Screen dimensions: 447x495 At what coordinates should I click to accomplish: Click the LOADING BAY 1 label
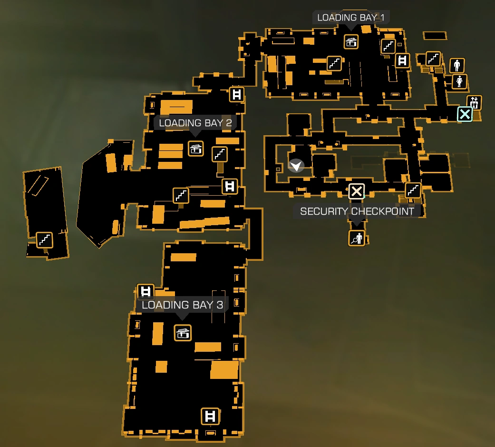coord(351,18)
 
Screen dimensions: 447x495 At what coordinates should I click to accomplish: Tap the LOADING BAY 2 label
coord(195,123)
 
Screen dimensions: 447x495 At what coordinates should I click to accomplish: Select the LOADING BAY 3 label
coord(182,305)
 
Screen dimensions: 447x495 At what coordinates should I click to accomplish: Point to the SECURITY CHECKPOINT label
coord(357,211)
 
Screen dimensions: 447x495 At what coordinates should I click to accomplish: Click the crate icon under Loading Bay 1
coord(351,42)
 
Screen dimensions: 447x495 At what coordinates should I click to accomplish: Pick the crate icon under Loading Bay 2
coord(195,149)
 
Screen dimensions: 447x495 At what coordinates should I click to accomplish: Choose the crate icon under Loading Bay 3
coord(183,333)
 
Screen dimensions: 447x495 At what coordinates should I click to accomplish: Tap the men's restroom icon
coord(457,65)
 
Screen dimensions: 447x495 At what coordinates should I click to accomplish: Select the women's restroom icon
coord(459,81)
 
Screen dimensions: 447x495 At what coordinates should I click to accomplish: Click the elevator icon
coord(474,102)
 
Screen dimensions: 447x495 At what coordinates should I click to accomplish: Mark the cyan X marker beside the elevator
coord(465,114)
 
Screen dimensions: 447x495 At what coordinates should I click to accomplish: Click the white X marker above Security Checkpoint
coord(356,191)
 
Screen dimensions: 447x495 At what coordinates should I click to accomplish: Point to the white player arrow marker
coord(296,166)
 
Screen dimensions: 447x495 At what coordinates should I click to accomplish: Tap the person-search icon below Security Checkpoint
coord(356,238)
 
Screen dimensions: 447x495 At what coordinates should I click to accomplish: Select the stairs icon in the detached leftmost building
coord(45,240)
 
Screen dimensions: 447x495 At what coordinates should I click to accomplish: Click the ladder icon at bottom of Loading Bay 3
coord(210,416)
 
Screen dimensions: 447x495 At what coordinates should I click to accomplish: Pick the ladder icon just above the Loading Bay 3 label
coord(146,291)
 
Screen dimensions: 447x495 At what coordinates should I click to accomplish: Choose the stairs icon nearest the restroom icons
coord(433,59)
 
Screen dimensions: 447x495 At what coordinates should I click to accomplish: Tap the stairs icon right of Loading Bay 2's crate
coord(220,154)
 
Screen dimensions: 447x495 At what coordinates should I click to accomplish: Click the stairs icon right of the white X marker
coord(413,190)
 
